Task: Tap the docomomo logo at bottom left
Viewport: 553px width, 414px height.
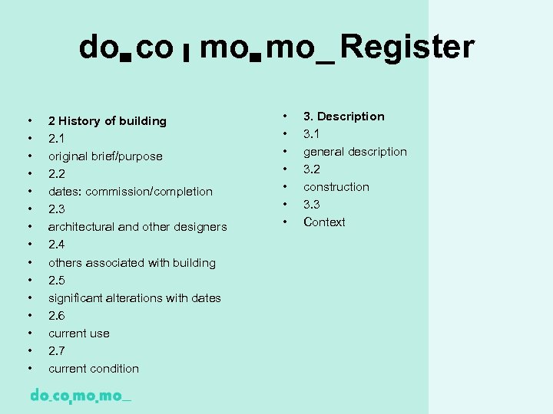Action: tap(80, 396)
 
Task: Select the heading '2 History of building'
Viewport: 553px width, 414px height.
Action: tap(107, 121)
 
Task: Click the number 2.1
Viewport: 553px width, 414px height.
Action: tap(56, 139)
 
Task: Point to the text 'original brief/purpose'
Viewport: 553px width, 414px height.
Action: tap(105, 156)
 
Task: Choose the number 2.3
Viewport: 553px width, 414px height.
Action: tap(56, 209)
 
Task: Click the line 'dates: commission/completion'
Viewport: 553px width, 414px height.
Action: tap(130, 192)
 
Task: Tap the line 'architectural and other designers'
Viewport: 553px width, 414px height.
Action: tap(137, 227)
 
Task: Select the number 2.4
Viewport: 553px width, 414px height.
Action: tap(56, 245)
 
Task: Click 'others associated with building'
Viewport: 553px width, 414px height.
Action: tap(131, 262)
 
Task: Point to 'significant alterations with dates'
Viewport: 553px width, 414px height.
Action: tap(134, 297)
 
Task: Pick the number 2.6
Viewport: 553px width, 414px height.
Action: tap(56, 315)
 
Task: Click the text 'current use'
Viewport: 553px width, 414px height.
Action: tap(78, 333)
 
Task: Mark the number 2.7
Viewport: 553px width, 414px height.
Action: tap(56, 350)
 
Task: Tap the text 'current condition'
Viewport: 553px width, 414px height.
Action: tap(93, 369)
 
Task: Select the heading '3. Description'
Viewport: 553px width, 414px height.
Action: tap(343, 117)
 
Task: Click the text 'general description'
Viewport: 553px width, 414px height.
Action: tap(355, 152)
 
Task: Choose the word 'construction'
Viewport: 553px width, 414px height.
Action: tap(336, 187)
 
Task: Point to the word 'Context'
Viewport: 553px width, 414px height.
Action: tap(324, 222)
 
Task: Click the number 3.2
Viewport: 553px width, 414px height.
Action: tap(311, 169)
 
